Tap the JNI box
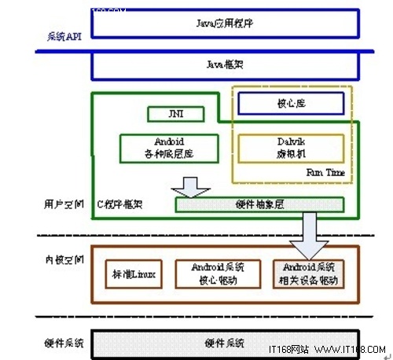[175, 115]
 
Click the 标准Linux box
[130, 274]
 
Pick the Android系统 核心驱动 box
[214, 274]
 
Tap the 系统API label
[63, 36]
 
